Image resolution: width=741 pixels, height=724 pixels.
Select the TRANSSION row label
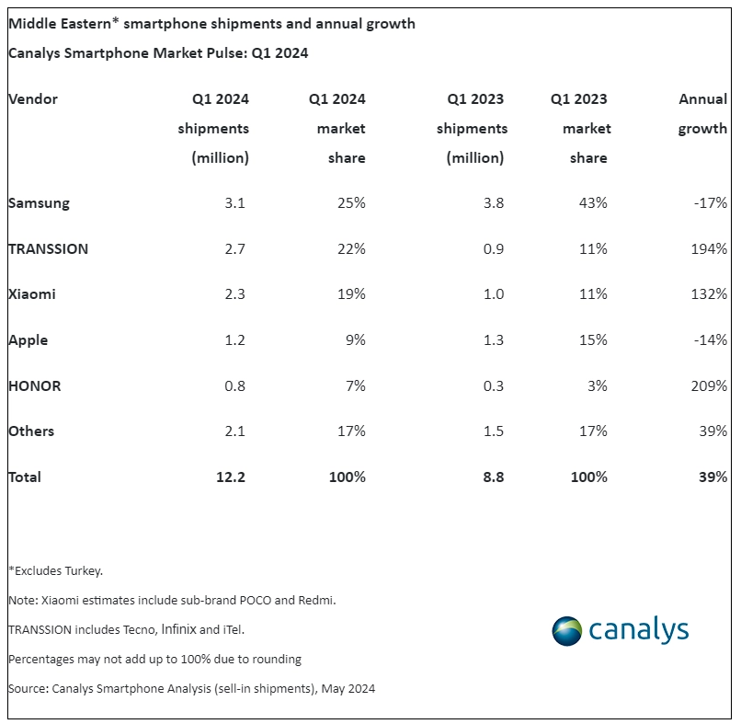48,248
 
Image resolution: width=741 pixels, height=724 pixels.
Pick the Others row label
31,431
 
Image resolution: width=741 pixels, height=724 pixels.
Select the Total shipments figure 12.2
231,477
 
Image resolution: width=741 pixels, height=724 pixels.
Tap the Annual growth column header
702,113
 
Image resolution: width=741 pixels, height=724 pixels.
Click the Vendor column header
33,98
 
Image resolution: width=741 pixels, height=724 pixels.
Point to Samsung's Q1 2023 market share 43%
593,202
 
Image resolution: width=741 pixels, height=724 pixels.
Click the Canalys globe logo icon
567,630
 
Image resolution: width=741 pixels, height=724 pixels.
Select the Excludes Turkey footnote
55,570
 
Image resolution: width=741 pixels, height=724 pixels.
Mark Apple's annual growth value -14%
712,340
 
